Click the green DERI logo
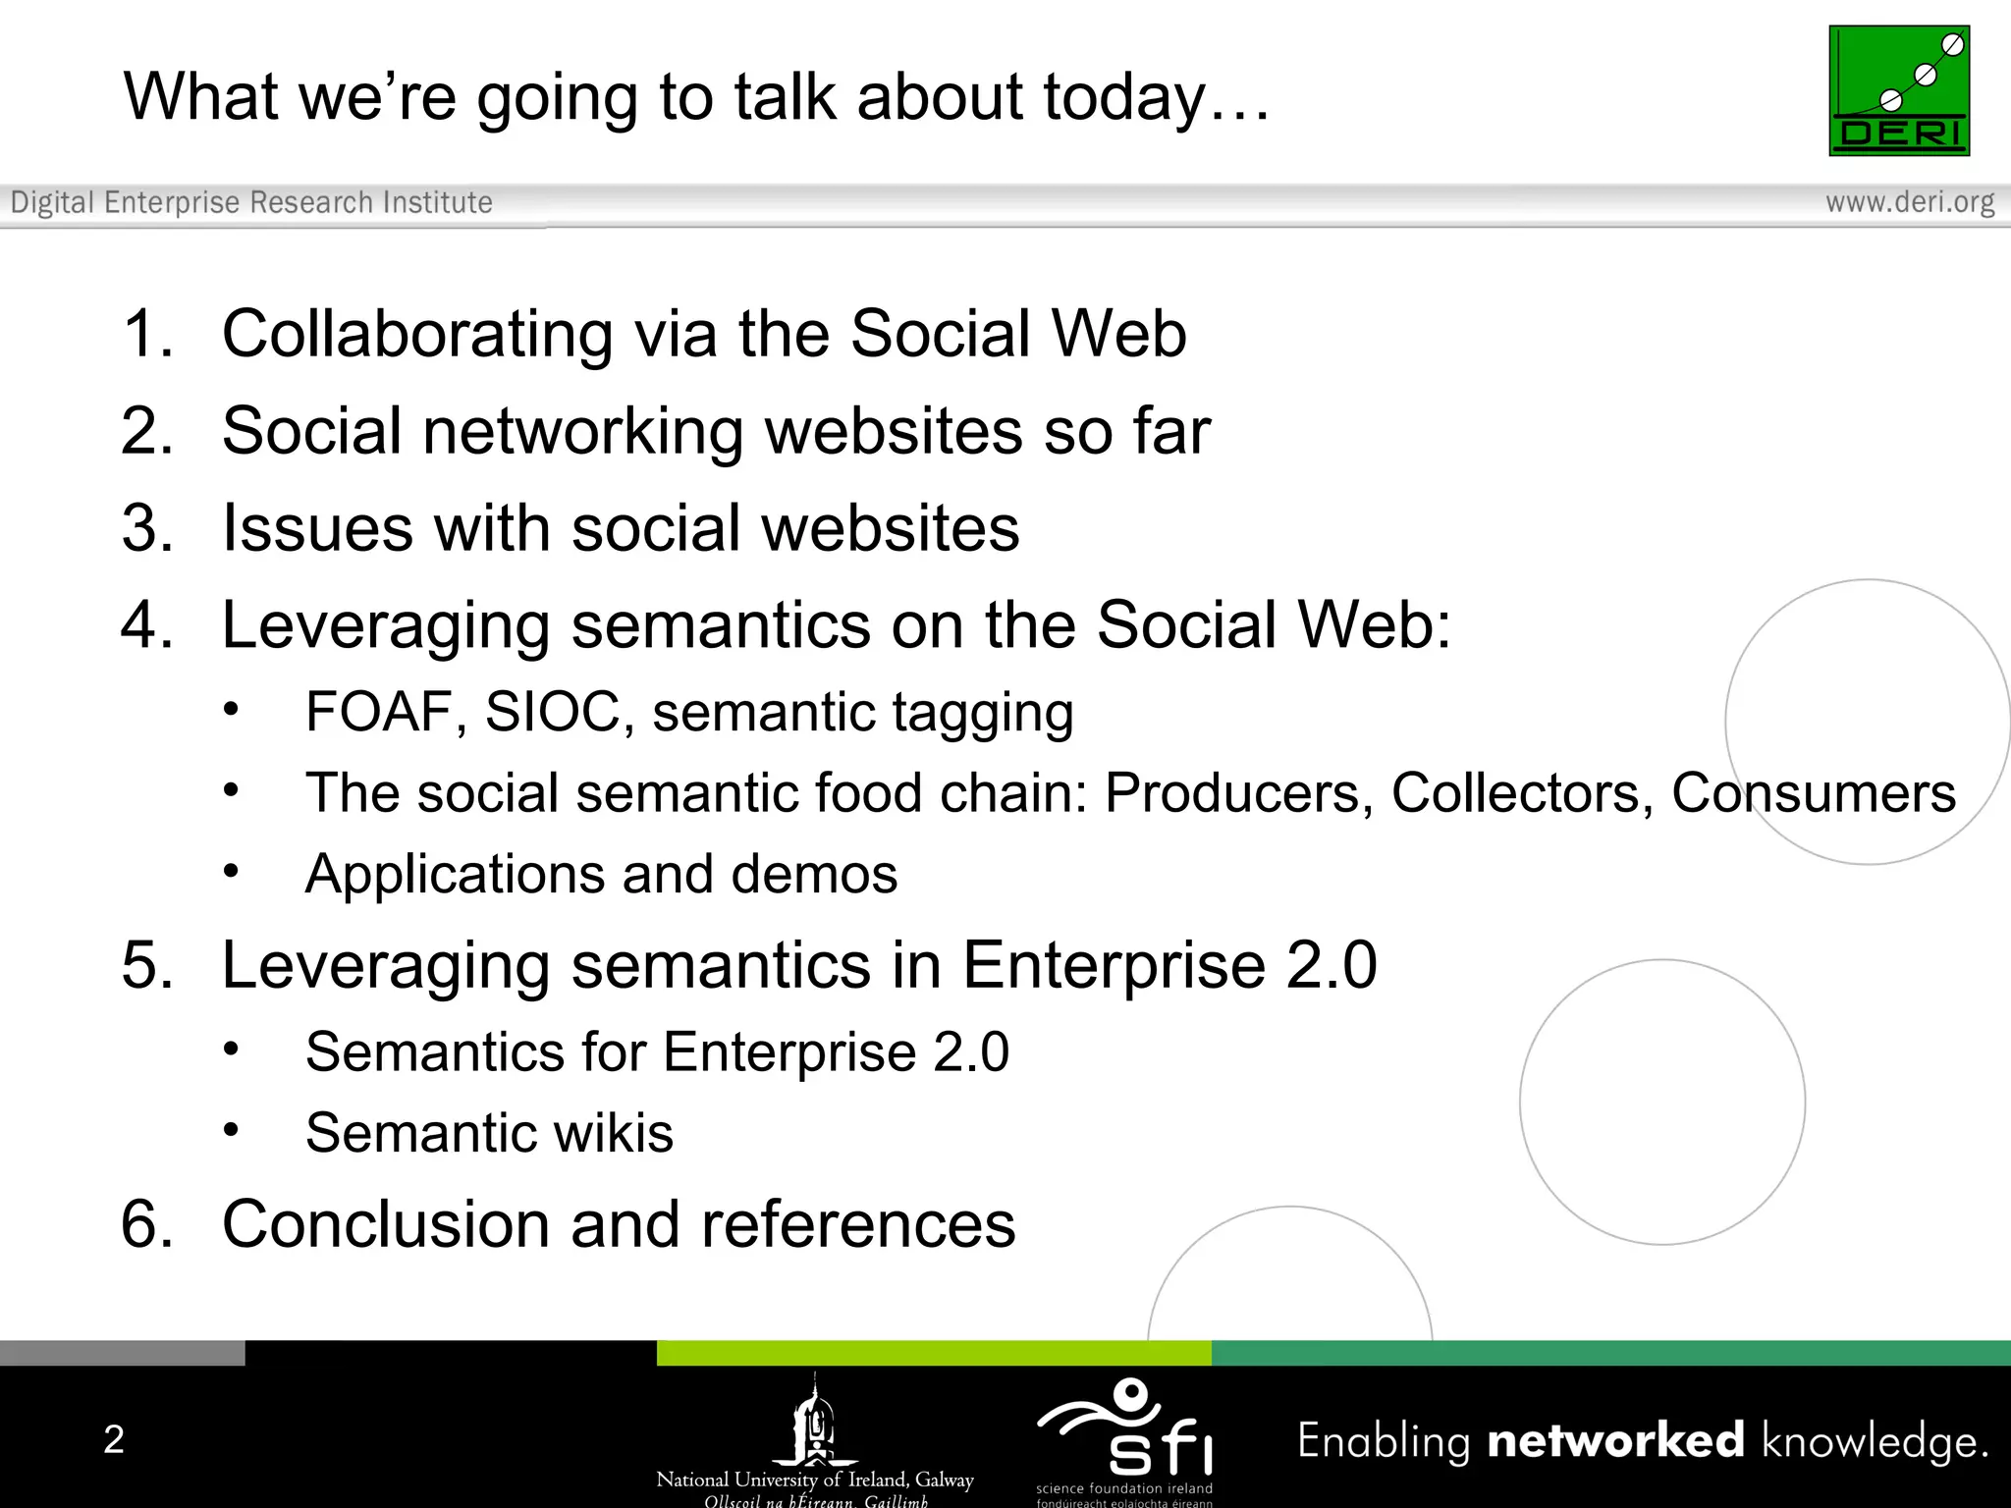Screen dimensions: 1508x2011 tap(1898, 90)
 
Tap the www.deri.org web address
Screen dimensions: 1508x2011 tap(1909, 202)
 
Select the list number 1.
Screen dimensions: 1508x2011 tap(145, 334)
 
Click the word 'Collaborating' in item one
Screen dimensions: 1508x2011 tap(416, 335)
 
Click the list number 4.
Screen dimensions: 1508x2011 tap(145, 624)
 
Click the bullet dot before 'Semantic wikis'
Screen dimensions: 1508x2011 tap(231, 1130)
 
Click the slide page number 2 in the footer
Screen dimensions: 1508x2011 tap(114, 1439)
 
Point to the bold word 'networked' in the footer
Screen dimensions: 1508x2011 tap(1615, 1441)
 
